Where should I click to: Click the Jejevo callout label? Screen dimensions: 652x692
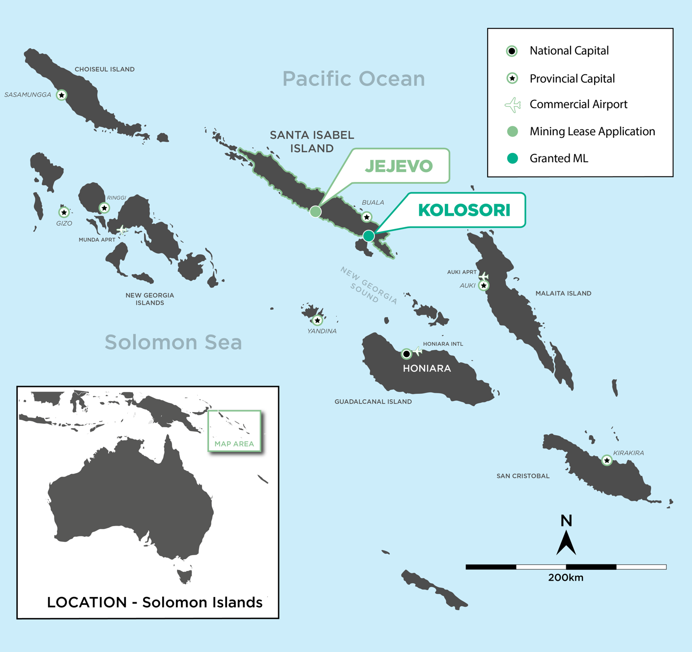[399, 166]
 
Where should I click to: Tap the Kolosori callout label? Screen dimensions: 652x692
[464, 210]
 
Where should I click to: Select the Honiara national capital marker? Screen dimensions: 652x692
[406, 354]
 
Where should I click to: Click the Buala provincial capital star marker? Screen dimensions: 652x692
[367, 217]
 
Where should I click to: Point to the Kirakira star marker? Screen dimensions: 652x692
[607, 461]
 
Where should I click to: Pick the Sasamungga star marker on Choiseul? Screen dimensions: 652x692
[61, 95]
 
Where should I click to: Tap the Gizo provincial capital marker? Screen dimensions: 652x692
[64, 212]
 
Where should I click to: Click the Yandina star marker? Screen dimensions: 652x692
[317, 321]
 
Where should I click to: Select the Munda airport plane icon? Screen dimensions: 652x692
[122, 230]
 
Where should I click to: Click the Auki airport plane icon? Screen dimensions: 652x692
[484, 276]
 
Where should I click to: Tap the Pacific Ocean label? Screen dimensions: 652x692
[353, 79]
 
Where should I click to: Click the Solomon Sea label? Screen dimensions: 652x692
[173, 342]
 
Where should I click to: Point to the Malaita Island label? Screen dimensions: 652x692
[563, 294]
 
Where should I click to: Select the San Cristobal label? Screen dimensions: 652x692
[523, 476]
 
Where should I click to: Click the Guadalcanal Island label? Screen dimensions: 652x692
[373, 402]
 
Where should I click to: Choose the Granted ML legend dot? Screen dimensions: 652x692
[512, 158]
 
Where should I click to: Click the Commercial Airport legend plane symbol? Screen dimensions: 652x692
[513, 105]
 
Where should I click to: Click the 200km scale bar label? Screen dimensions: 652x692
[566, 578]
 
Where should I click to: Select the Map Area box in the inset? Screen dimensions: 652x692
[234, 431]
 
